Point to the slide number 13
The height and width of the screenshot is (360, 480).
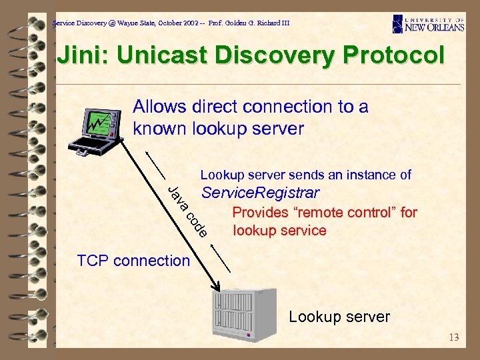point(454,337)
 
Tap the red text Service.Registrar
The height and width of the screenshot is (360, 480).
point(261,193)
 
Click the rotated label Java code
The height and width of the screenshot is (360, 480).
point(189,211)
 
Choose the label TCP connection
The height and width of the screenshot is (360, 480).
point(133,261)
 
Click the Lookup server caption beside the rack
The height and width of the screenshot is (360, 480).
point(339,317)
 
